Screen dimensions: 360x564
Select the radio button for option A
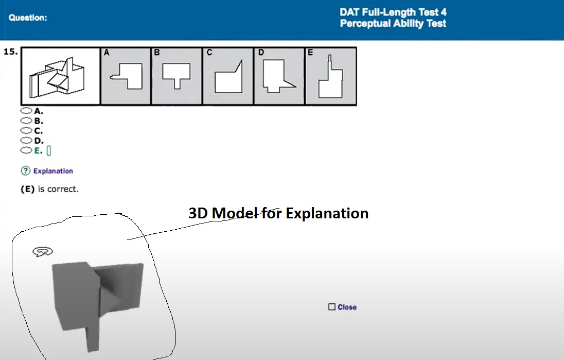point(25,111)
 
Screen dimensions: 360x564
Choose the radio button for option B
point(25,121)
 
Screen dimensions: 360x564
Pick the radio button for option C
point(25,130)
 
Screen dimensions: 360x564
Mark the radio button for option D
point(25,140)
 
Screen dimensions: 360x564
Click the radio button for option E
point(25,150)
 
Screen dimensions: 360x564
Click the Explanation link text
point(53,171)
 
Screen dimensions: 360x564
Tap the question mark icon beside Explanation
point(25,171)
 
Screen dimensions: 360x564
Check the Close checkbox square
point(332,307)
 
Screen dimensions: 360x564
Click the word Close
point(347,307)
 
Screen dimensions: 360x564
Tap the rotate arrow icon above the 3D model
point(43,251)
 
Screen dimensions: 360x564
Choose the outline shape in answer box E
point(329,80)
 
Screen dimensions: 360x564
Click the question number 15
point(11,52)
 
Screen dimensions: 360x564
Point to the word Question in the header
point(28,18)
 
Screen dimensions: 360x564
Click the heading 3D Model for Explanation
point(278,213)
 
